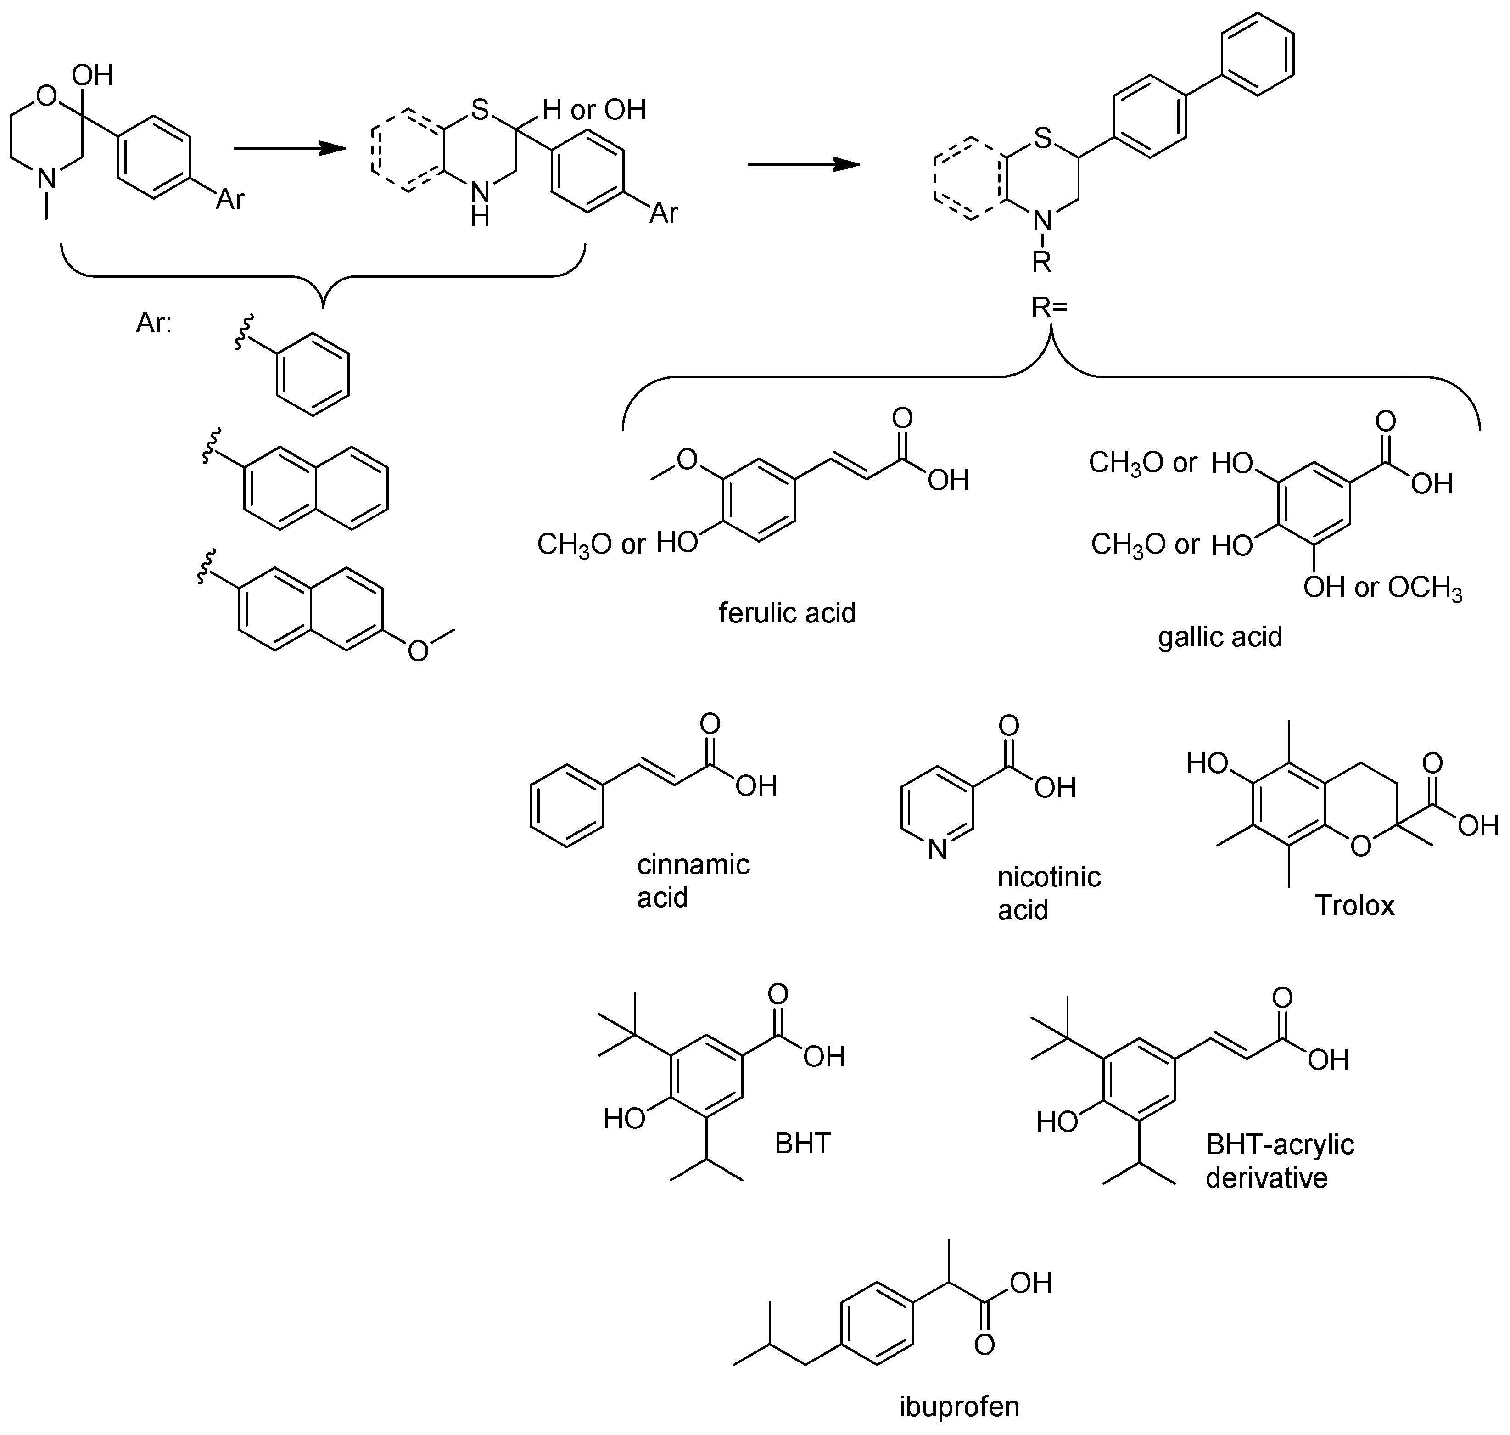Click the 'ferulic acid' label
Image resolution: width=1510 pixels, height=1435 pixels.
click(x=787, y=613)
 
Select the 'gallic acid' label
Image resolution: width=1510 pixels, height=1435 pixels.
click(x=1219, y=636)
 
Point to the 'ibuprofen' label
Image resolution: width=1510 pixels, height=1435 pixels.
click(x=959, y=1406)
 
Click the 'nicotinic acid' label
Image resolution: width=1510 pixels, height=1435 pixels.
click(x=1049, y=893)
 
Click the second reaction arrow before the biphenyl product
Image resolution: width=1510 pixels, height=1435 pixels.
click(x=803, y=164)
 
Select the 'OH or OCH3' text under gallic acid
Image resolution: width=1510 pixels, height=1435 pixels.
click(x=1383, y=588)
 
